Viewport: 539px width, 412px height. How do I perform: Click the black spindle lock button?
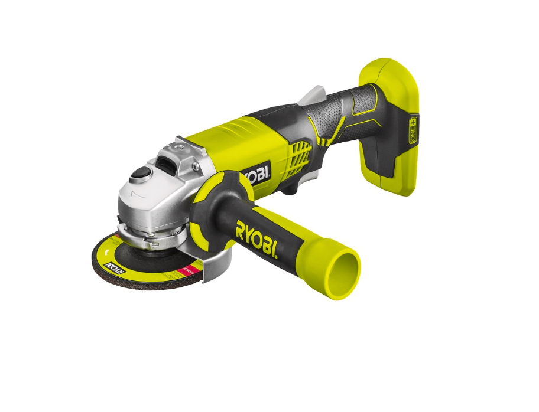tap(140, 172)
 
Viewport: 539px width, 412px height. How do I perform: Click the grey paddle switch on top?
tap(313, 94)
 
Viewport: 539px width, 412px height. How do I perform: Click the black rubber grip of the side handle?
tap(230, 221)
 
